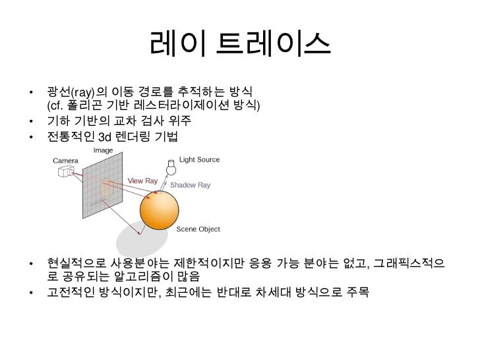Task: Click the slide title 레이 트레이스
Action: point(239,44)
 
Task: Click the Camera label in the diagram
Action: point(65,160)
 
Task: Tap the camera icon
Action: point(66,171)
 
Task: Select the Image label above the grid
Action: point(103,150)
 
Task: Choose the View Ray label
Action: point(142,181)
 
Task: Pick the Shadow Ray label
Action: point(190,185)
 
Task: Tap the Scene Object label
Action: point(198,229)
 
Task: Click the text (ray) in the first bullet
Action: point(82,91)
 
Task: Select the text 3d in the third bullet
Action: point(105,136)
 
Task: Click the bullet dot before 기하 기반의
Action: point(31,121)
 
